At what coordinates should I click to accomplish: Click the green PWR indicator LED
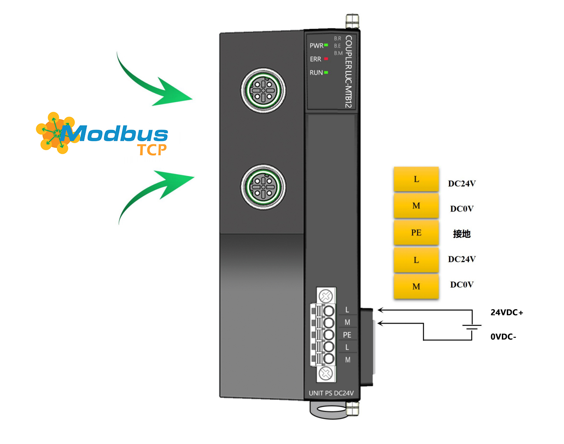[x=326, y=45]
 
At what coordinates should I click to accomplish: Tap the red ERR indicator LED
[x=326, y=59]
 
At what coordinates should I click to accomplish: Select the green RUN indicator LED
[x=326, y=73]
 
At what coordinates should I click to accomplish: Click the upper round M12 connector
[x=263, y=90]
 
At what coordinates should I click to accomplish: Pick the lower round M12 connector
[x=263, y=187]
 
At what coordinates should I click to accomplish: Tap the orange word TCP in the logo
[x=152, y=150]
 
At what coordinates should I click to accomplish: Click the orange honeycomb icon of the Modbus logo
[x=56, y=133]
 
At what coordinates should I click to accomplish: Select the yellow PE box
[x=416, y=233]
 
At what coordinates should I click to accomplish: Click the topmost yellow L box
[x=416, y=179]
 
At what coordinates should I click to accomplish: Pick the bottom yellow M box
[x=416, y=287]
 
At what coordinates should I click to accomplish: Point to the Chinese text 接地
[x=461, y=234]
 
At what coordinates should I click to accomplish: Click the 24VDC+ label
[x=507, y=312]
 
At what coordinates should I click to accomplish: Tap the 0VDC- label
[x=503, y=337]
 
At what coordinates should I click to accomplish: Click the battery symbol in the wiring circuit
[x=472, y=327]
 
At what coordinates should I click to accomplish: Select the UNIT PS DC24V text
[x=331, y=393]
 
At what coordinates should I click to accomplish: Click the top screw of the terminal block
[x=326, y=296]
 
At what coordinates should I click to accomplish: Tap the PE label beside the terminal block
[x=347, y=335]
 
